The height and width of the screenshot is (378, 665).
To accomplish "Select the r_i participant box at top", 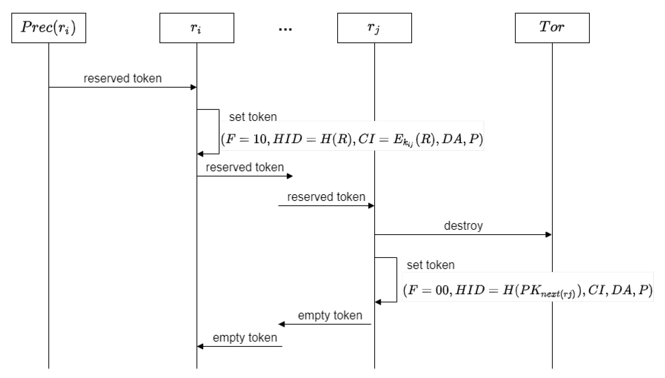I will coord(197,28).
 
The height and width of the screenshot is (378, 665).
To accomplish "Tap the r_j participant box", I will coord(374,28).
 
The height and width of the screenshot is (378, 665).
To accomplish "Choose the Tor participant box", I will coord(552,28).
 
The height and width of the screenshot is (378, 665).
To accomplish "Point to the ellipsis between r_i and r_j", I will coord(285,29).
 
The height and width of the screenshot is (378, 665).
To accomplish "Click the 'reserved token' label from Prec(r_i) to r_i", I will coord(122,78).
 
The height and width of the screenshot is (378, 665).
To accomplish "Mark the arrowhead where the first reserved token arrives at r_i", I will coord(194,87).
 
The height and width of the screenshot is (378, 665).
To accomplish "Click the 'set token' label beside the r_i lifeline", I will coord(253,117).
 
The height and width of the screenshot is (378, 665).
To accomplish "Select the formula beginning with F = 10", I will coord(352,139).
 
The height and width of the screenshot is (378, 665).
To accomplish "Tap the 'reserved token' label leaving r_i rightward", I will coord(245,167).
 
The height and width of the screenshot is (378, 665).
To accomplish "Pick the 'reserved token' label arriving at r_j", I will coord(326,197).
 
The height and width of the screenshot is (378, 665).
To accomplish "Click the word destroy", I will coord(463,226).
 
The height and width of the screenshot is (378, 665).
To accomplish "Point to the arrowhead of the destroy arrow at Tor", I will coord(548,235).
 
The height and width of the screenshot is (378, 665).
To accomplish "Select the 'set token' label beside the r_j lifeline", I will coord(431,265).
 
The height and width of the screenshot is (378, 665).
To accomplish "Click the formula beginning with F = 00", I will coord(527,290).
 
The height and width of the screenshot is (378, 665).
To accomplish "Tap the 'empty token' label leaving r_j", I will coord(330,315).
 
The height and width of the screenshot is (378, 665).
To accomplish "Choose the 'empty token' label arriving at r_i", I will coord(245,338).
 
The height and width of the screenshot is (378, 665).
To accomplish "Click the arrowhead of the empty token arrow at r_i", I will coord(200,346).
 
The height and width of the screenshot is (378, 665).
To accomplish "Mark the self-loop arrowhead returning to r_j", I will coord(378,302).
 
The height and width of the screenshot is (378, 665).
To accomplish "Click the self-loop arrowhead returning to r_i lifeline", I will coord(200,154).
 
